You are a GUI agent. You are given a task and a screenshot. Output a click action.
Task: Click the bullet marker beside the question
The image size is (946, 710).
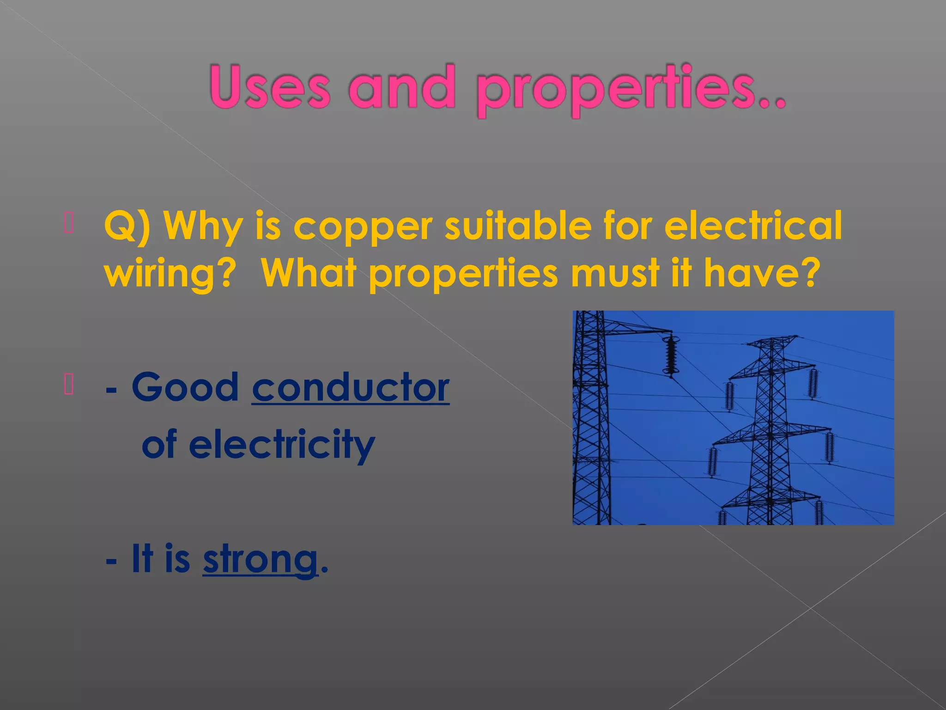(x=69, y=222)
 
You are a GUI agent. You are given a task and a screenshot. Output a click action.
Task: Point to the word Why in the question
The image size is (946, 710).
(x=203, y=226)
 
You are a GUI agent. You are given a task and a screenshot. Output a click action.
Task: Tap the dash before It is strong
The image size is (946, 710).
(x=111, y=561)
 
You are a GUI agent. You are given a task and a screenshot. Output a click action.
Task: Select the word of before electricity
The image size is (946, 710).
(x=159, y=444)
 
